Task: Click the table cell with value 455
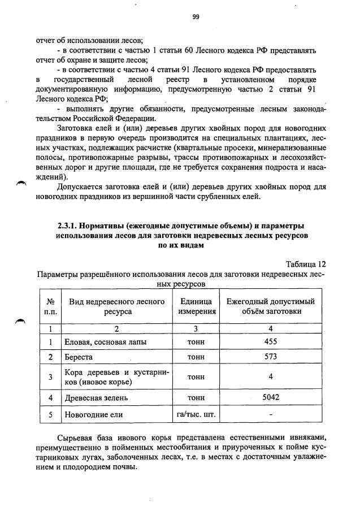coord(271,341)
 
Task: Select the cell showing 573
coord(271,357)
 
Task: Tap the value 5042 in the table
coord(271,397)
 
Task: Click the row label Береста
coord(79,357)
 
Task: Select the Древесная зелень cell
coord(96,397)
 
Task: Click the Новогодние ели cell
coord(93,415)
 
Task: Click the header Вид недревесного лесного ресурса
coord(117,306)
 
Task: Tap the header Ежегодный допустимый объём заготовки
coord(271,306)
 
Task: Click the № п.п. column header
coord(51,306)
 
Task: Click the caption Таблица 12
coord(306,264)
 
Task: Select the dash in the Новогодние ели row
coord(271,415)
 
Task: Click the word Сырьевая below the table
coord(77,439)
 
